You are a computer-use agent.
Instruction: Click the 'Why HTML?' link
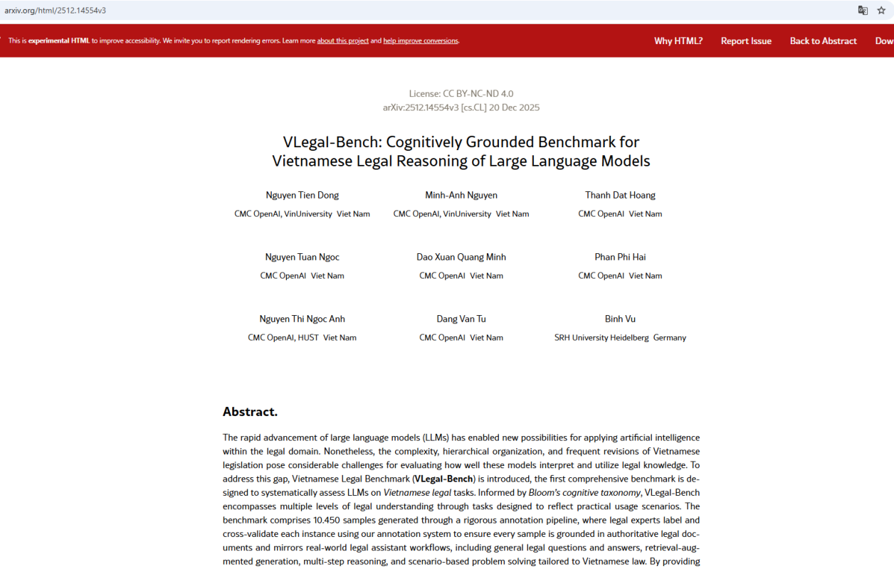pyautogui.click(x=678, y=41)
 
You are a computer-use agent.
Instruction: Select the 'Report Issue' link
pyautogui.click(x=745, y=41)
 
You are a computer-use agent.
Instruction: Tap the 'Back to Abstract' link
pyautogui.click(x=823, y=41)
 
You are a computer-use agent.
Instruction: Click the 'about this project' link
pyautogui.click(x=342, y=41)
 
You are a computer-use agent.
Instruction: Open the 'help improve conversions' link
pyautogui.click(x=421, y=41)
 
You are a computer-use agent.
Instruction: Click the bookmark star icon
pyautogui.click(x=881, y=11)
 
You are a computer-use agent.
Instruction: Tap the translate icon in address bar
pyautogui.click(x=863, y=11)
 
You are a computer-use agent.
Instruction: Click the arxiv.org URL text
pyautogui.click(x=56, y=11)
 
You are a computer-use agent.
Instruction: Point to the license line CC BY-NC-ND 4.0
pyautogui.click(x=461, y=94)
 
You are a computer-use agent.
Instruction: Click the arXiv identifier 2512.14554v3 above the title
pyautogui.click(x=421, y=108)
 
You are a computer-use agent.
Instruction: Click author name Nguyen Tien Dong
pyautogui.click(x=302, y=196)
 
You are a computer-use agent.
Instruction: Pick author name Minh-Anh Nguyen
pyautogui.click(x=461, y=196)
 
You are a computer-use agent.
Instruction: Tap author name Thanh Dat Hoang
pyautogui.click(x=620, y=196)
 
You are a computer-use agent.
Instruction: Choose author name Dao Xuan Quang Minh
pyautogui.click(x=461, y=257)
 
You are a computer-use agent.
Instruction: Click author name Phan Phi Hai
pyautogui.click(x=620, y=257)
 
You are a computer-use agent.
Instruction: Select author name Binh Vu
pyautogui.click(x=620, y=319)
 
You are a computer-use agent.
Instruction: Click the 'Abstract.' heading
pyautogui.click(x=250, y=412)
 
